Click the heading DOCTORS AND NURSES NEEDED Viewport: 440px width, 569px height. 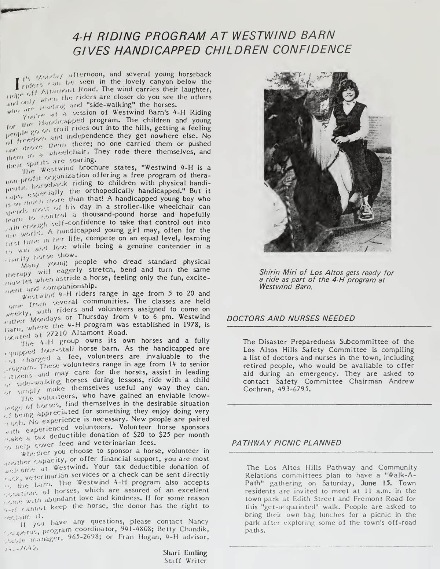(x=291, y=318)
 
